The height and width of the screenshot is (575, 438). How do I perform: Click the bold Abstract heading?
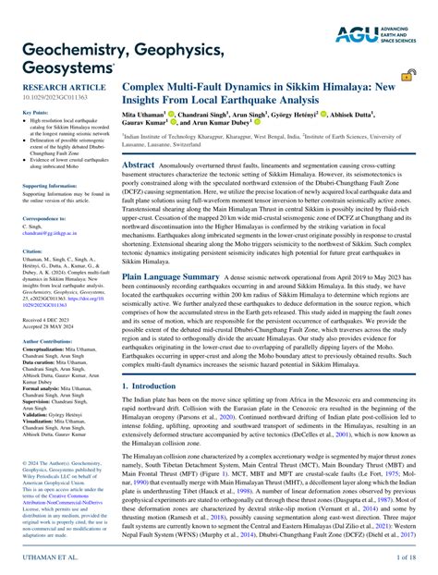pyautogui.click(x=138, y=163)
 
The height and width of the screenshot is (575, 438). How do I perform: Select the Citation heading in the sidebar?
pyautogui.click(x=31, y=250)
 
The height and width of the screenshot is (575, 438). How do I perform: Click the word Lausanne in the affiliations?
pyautogui.click(x=137, y=145)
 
